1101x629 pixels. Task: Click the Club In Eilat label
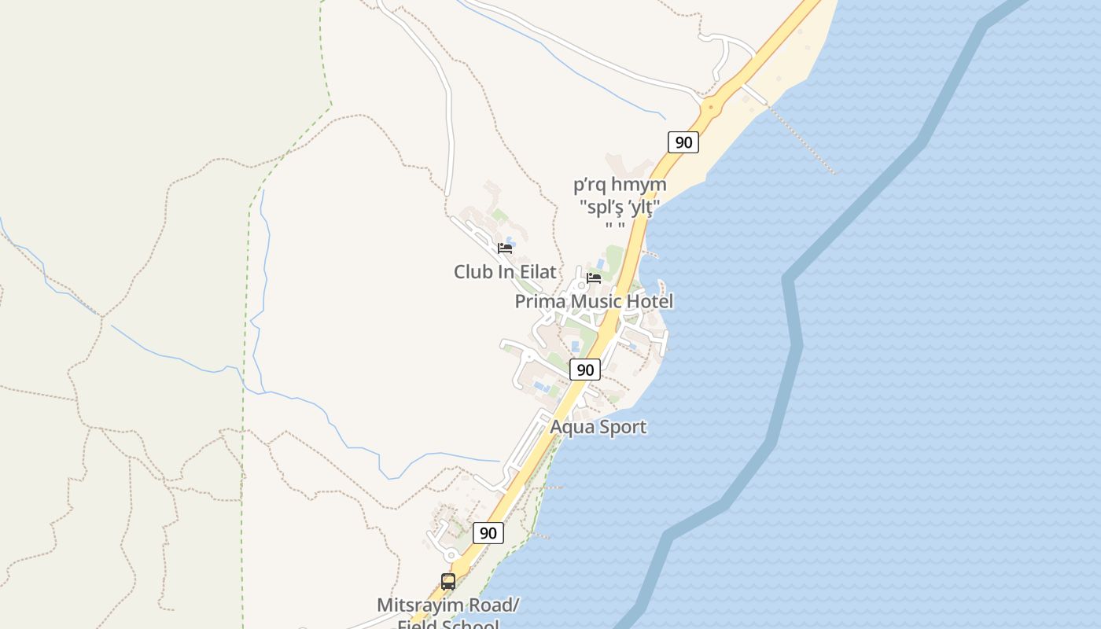click(x=505, y=272)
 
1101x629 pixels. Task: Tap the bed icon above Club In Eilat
click(x=505, y=248)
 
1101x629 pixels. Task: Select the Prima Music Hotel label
click(x=594, y=302)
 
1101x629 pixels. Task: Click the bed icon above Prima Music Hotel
click(x=594, y=278)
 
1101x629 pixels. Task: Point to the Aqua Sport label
click(x=598, y=427)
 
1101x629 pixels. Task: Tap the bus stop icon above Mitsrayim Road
click(x=448, y=582)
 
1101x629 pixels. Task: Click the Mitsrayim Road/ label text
click(x=448, y=605)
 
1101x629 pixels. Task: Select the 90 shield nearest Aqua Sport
click(x=584, y=370)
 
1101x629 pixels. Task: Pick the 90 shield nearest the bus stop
click(x=488, y=533)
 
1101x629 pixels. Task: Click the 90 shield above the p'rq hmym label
click(x=683, y=142)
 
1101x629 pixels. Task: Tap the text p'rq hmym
click(x=620, y=185)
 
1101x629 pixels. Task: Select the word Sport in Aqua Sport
click(x=621, y=427)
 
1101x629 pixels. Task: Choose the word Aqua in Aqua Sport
click(x=571, y=427)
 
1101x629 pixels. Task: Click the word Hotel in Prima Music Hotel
click(x=650, y=302)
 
